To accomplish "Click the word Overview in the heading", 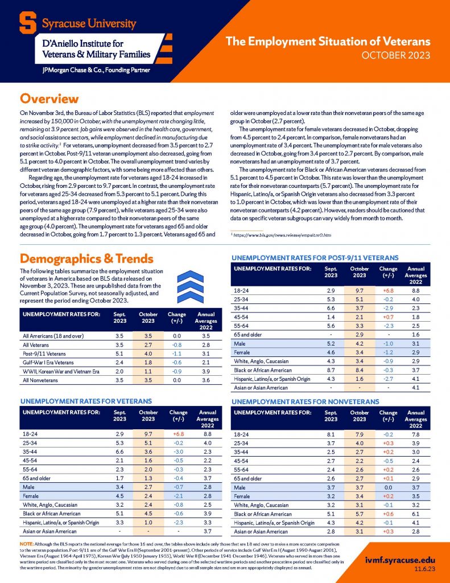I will point(49,99).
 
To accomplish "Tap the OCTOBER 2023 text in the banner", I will point(397,55).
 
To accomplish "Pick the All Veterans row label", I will point(36,345).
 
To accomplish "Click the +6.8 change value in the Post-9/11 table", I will point(389,291).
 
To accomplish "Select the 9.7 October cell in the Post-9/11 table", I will point(360,291).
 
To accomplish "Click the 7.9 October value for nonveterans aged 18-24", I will point(360,433).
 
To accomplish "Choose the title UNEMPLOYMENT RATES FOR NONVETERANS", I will point(305,402).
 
